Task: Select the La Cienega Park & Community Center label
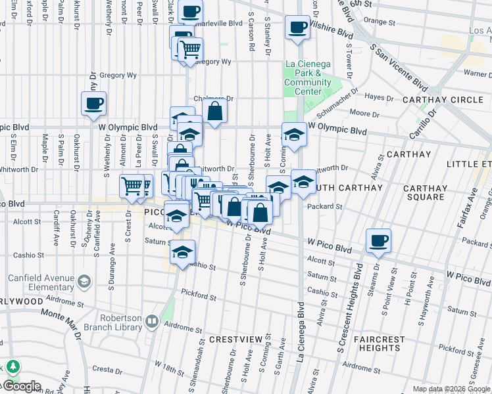pyautogui.click(x=308, y=77)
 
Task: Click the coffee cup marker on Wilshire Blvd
pyautogui.click(x=297, y=28)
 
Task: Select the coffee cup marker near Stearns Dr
pyautogui.click(x=378, y=241)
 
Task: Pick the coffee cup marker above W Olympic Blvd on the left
pyautogui.click(x=93, y=103)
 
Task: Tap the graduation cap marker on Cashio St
pyautogui.click(x=181, y=253)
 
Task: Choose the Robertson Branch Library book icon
pyautogui.click(x=152, y=321)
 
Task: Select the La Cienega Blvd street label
pyautogui.click(x=301, y=328)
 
